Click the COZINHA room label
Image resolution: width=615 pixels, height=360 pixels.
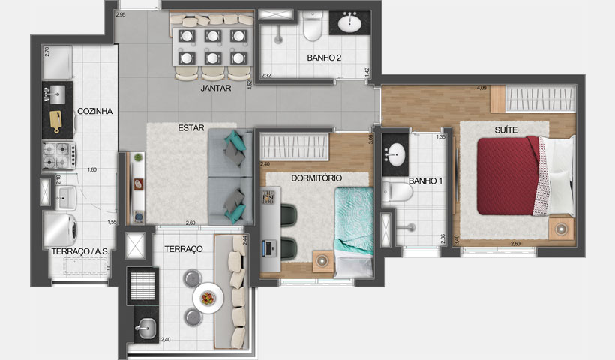(94, 111)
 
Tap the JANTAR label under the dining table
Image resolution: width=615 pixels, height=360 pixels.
(215, 88)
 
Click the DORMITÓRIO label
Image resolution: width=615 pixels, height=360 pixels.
(316, 178)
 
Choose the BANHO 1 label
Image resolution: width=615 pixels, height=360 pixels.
(424, 181)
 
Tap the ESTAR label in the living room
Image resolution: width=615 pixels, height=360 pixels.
(191, 127)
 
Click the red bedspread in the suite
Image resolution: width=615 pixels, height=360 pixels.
(509, 177)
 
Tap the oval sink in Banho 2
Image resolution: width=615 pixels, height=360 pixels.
(349, 23)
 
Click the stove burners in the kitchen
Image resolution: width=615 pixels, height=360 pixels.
(56, 156)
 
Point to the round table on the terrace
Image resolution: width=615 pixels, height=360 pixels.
(206, 298)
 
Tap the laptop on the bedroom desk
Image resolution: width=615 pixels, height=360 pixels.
(267, 245)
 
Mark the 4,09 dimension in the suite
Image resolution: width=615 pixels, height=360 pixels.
(480, 88)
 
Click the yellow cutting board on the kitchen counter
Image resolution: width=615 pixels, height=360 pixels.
(56, 119)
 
